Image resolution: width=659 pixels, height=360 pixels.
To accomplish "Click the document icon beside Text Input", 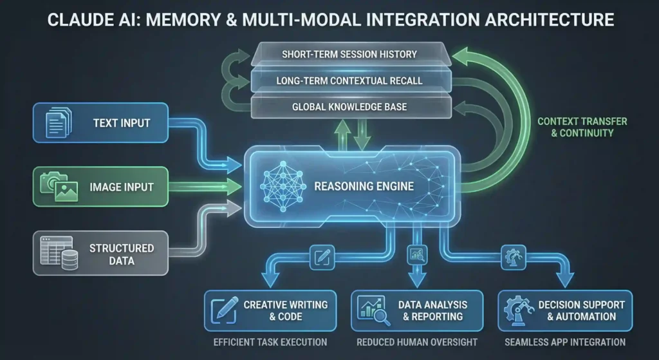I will pyautogui.click(x=55, y=123).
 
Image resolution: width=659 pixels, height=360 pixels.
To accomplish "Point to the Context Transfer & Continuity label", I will pyautogui.click(x=582, y=127).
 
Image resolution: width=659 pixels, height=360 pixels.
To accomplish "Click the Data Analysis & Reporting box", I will pyautogui.click(x=416, y=310).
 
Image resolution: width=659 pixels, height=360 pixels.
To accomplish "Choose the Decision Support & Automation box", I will pyautogui.click(x=564, y=310).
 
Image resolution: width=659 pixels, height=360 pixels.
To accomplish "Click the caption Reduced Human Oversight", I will pyautogui.click(x=416, y=342).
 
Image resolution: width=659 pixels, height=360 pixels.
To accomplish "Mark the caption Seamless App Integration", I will pyautogui.click(x=564, y=342).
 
